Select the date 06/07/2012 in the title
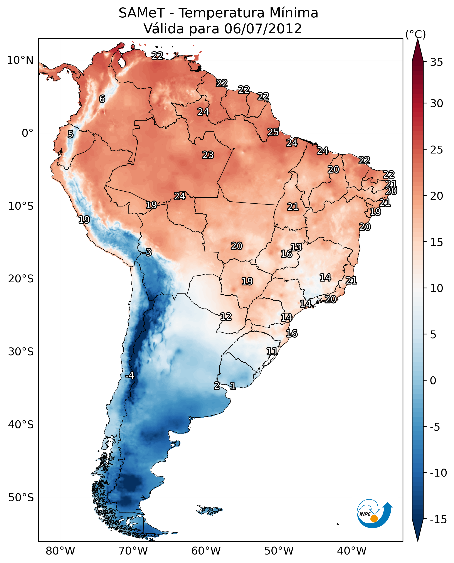click(263, 29)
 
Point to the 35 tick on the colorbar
click(436, 62)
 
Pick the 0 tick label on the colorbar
click(433, 381)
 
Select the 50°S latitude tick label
click(21, 497)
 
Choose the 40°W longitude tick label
click(351, 551)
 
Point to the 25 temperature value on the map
click(273, 132)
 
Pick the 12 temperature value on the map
click(226, 317)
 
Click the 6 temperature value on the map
click(102, 99)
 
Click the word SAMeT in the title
click(142, 13)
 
